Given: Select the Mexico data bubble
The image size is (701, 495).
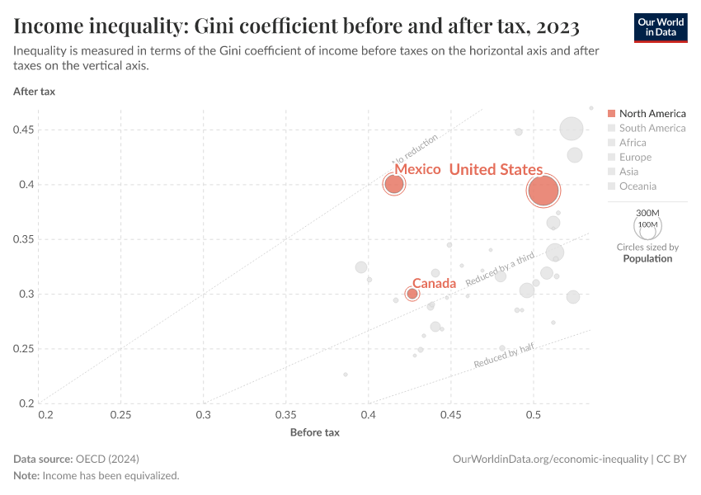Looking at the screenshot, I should pyautogui.click(x=394, y=184).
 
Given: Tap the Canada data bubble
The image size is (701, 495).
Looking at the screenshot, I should pyautogui.click(x=412, y=294).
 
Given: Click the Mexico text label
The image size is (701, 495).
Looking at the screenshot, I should pyautogui.click(x=417, y=169).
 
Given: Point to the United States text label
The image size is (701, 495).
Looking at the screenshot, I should pyautogui.click(x=496, y=169).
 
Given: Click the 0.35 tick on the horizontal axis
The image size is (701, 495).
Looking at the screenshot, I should pyautogui.click(x=286, y=413).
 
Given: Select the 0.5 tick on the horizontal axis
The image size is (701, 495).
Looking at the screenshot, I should pyautogui.click(x=534, y=413).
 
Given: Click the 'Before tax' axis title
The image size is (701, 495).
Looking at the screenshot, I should pyautogui.click(x=314, y=432).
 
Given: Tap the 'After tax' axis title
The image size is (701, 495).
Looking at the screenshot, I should pyautogui.click(x=34, y=92).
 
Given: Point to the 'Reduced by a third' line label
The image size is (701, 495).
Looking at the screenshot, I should pyautogui.click(x=501, y=270).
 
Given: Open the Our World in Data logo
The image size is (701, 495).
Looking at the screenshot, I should pyautogui.click(x=661, y=27).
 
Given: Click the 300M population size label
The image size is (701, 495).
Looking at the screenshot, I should pyautogui.click(x=648, y=213).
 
